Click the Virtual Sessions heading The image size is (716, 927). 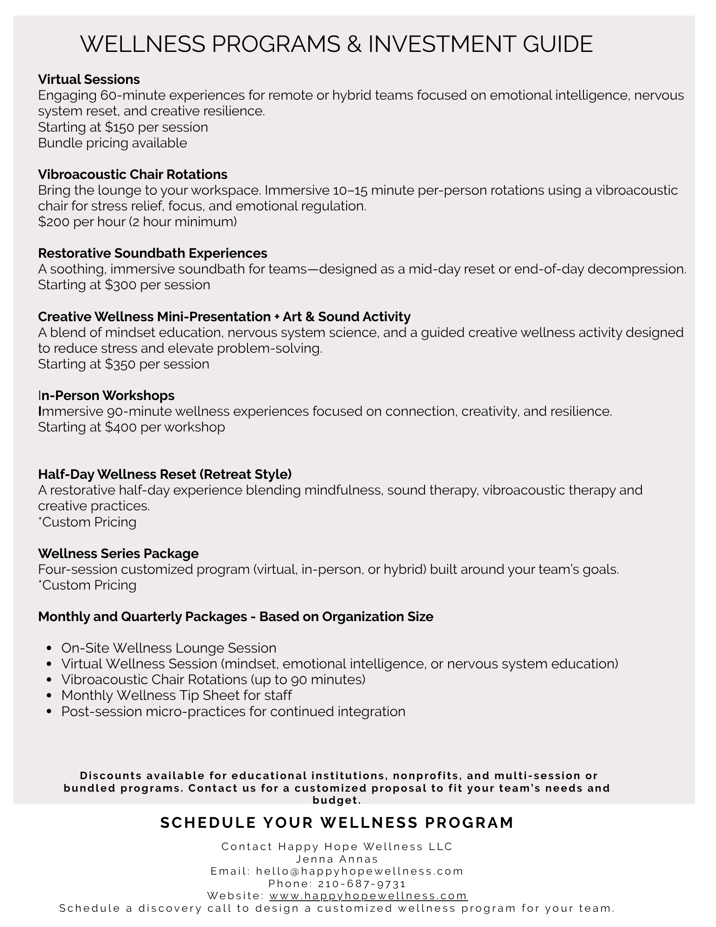tap(89, 79)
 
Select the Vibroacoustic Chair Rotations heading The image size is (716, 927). tap(133, 174)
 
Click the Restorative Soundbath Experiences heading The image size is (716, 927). tap(152, 253)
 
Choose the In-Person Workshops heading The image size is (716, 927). tap(106, 395)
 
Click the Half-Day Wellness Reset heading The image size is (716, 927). tap(165, 474)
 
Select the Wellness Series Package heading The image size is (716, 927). tap(118, 553)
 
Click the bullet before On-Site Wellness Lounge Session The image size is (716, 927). tap(50, 648)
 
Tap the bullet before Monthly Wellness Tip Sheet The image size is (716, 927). tap(50, 696)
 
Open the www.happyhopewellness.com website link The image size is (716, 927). tap(368, 895)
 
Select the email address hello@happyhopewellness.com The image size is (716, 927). tap(360, 871)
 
